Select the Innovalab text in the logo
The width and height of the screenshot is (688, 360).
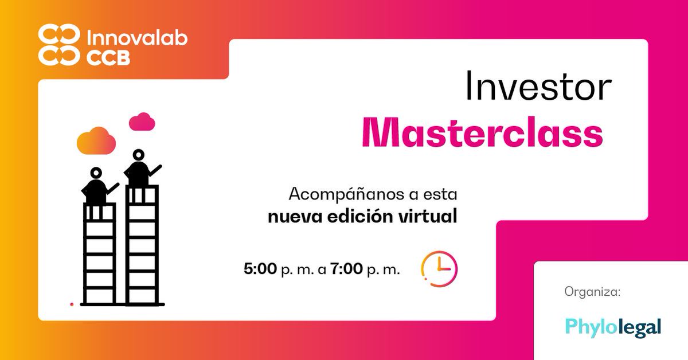[136, 39]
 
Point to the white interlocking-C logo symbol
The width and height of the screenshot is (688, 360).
[58, 45]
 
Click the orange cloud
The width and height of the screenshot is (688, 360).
[96, 140]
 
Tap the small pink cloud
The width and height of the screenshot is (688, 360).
[142, 122]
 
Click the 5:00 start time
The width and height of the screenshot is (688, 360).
[260, 269]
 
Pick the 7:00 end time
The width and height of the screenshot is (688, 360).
[346, 269]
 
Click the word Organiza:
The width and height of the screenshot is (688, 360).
[593, 292]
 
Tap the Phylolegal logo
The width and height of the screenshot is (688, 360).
[613, 327]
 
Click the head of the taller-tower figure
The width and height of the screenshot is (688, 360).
[138, 154]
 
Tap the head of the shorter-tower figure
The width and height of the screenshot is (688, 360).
[96, 173]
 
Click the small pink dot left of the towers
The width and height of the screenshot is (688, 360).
[72, 304]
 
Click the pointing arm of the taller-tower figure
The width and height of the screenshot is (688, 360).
[154, 170]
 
